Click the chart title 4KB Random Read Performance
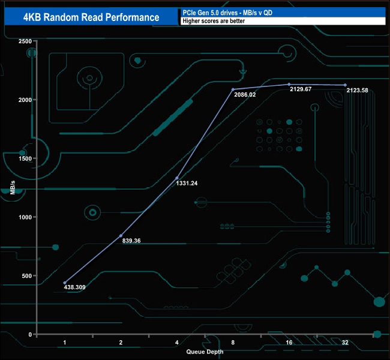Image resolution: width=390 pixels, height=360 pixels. tap(91, 17)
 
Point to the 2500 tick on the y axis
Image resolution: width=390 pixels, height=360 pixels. tap(25, 41)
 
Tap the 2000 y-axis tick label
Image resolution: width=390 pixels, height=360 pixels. tap(25, 100)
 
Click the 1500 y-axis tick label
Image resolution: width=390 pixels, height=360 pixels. tap(25, 158)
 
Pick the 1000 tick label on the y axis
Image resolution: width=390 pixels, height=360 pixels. tap(25, 217)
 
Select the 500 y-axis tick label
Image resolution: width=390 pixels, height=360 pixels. tap(27, 275)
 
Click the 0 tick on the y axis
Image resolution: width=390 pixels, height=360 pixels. tap(31, 334)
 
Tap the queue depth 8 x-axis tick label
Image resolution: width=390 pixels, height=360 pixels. tap(233, 343)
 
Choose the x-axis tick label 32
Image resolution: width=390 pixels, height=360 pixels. tap(345, 343)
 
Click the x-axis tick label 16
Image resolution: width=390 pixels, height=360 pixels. tap(289, 343)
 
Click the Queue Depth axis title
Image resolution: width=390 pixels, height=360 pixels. tap(205, 352)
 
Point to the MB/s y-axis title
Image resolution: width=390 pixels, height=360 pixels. tap(13, 188)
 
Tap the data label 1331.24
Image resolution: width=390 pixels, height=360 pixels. tap(187, 183)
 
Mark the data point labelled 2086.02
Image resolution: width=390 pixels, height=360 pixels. tap(233, 89)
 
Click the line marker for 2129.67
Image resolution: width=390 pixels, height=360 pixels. tap(289, 84)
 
